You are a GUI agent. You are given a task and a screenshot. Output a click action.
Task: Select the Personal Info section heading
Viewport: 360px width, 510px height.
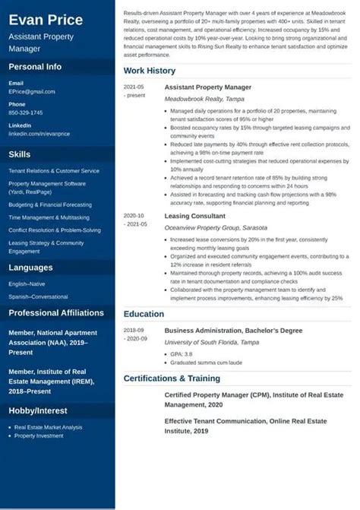click(x=35, y=67)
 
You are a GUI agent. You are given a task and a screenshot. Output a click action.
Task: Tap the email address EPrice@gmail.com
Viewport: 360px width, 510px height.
click(x=32, y=91)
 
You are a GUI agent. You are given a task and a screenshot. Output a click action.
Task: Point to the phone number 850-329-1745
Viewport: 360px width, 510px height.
click(x=26, y=112)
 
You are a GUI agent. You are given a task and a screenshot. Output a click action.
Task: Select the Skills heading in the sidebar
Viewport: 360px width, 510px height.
click(x=20, y=154)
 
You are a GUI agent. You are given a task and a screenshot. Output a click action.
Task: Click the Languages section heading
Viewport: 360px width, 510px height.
click(x=30, y=268)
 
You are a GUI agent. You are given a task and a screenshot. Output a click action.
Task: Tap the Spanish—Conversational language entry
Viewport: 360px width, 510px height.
click(x=38, y=296)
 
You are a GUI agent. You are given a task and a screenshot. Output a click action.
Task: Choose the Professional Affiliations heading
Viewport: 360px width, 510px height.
click(x=56, y=312)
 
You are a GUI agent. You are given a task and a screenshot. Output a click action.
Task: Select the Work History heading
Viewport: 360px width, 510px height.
click(x=150, y=71)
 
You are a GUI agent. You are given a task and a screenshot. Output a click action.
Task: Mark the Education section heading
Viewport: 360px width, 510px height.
click(x=144, y=314)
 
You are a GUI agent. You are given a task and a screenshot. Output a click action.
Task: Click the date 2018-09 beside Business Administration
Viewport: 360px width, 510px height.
click(x=134, y=331)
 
